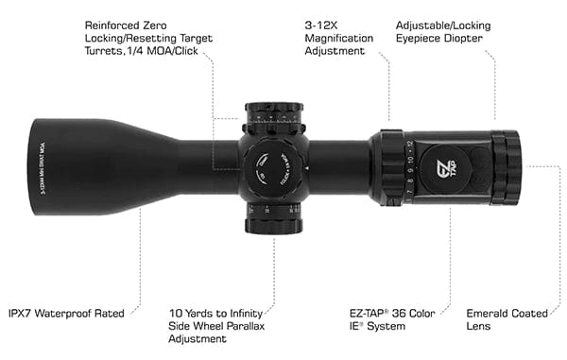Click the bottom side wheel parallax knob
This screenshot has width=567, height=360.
pos(275,224)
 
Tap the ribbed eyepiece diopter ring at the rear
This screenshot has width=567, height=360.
pos(512,166)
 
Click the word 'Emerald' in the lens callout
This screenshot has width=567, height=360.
pos(490,313)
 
